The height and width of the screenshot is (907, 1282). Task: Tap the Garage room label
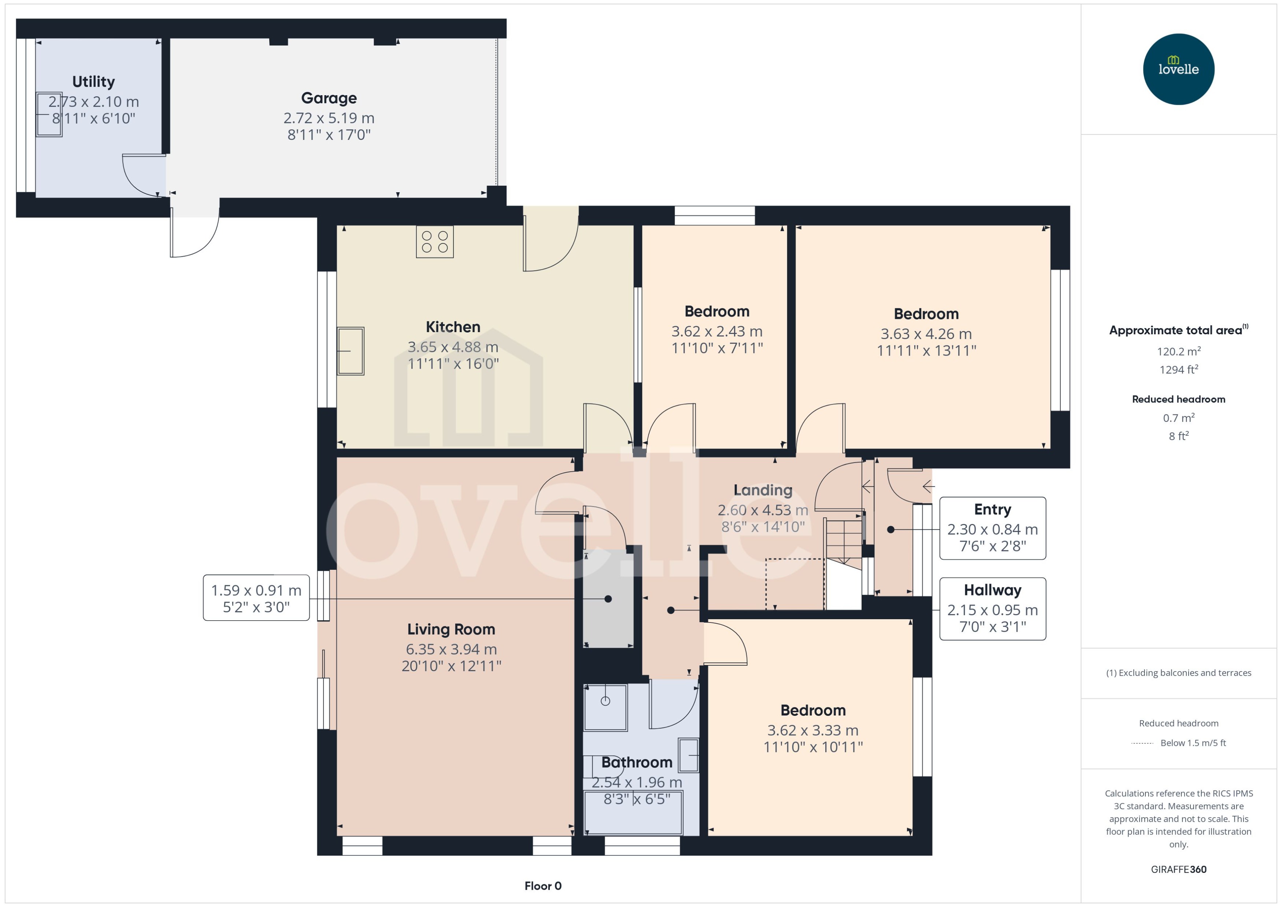click(x=329, y=98)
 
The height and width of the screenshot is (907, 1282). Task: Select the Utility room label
click(x=93, y=82)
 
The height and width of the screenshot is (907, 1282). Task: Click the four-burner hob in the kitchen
click(x=434, y=241)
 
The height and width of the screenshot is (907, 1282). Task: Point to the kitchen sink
click(x=350, y=351)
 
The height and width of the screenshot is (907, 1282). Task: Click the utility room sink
click(x=49, y=115)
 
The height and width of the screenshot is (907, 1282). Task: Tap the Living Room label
click(x=451, y=629)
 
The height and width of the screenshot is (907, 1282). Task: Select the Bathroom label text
click(x=637, y=762)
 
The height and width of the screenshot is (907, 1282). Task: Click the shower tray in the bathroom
click(x=605, y=707)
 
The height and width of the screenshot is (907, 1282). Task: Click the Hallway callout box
click(x=993, y=609)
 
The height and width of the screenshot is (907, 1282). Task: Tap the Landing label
click(x=763, y=490)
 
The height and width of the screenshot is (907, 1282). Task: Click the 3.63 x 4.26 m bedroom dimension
click(x=926, y=334)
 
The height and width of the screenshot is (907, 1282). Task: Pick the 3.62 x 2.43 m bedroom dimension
click(x=717, y=332)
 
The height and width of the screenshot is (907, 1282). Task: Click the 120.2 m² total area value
click(x=1179, y=351)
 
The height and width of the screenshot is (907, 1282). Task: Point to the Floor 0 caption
click(x=543, y=886)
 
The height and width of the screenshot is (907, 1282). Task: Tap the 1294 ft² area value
click(x=1179, y=369)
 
